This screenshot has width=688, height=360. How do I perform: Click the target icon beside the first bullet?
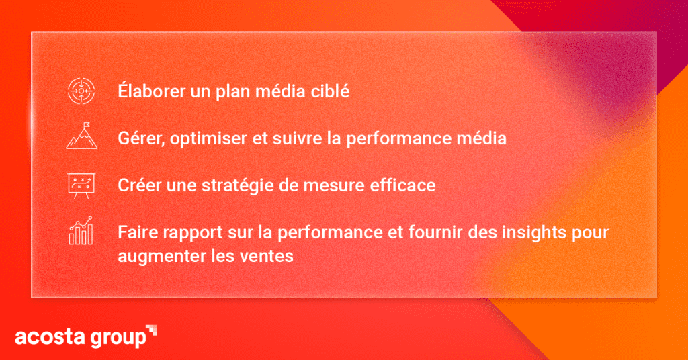[x=81, y=91]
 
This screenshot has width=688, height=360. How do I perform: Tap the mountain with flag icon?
[x=81, y=136]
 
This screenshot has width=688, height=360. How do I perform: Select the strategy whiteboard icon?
[x=81, y=186]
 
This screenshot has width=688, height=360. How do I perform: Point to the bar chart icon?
[x=81, y=230]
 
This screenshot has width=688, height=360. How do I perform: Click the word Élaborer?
[x=151, y=91]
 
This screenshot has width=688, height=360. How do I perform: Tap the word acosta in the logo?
[x=50, y=336]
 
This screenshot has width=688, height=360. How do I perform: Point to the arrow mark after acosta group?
[x=151, y=330]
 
